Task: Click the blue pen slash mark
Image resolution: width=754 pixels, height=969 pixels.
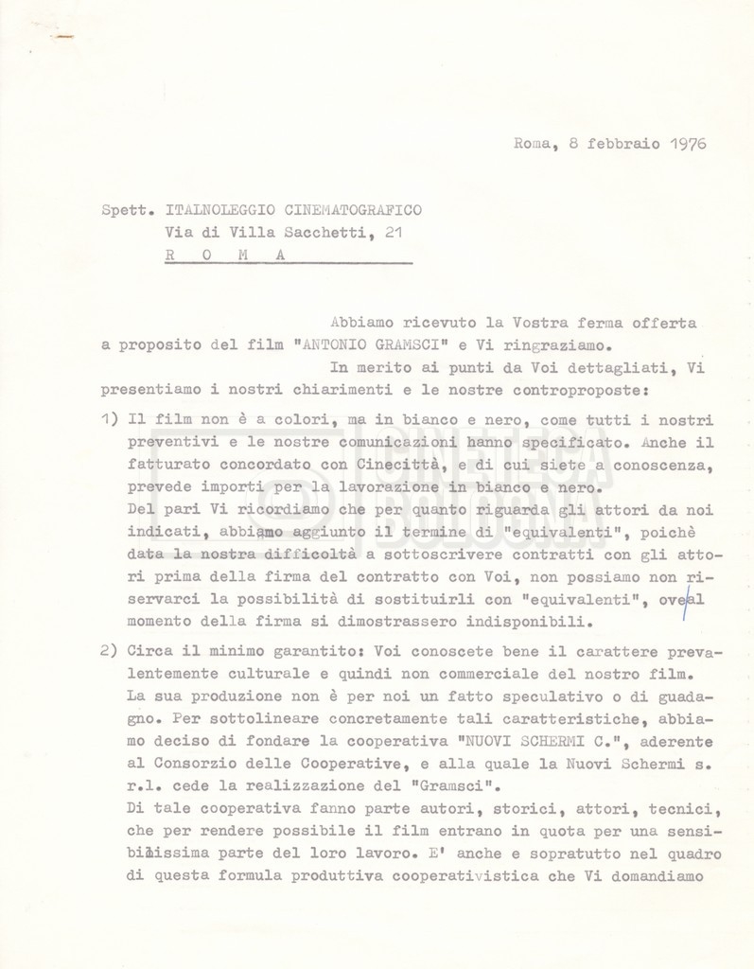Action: point(684,602)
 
